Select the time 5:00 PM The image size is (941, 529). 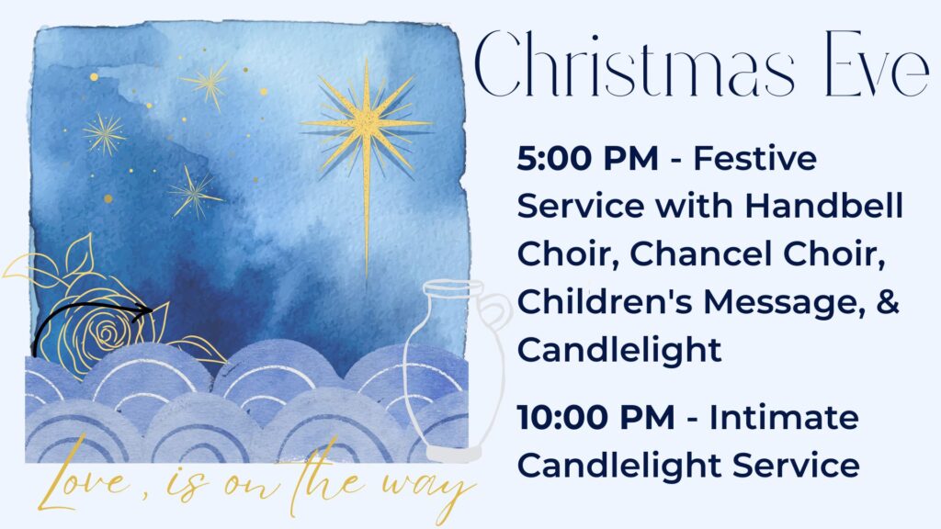pos(587,159)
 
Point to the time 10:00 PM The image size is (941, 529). pos(595,418)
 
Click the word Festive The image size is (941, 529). pos(755,159)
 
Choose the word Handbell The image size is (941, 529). pos(824,207)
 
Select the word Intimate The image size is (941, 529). pos(784,418)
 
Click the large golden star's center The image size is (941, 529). pos(367,124)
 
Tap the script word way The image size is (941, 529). pos(427,489)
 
